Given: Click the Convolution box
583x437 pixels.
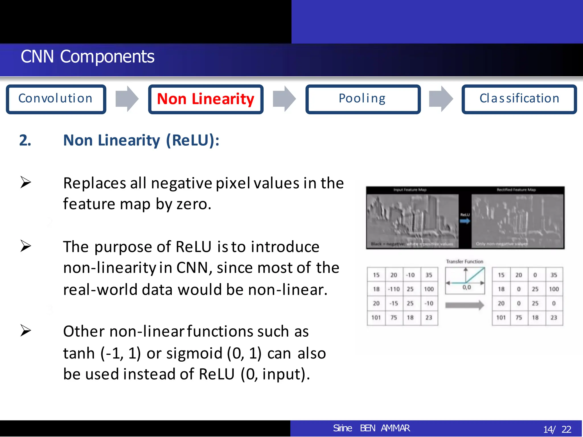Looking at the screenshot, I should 56,99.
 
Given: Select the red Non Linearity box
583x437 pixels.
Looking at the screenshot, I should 206,99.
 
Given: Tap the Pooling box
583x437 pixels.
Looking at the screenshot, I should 363,99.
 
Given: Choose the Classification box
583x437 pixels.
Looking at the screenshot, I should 519,99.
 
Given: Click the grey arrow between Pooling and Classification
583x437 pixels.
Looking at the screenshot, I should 441,99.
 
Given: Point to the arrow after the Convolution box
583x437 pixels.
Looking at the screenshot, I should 127,99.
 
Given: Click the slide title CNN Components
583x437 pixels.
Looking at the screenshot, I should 87,57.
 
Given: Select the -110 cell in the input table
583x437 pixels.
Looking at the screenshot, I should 394,289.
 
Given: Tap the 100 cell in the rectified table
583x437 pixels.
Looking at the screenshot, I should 554,289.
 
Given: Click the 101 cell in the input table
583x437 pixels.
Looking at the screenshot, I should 376,318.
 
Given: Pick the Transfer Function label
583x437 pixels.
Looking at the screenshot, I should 465,261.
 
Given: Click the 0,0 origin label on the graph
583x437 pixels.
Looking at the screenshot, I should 467,287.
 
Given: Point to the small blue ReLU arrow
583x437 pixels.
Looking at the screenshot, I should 465,221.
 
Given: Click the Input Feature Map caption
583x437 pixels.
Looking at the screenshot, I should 410,190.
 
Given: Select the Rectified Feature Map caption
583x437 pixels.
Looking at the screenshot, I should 516,190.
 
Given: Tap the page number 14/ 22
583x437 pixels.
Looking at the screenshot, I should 557,429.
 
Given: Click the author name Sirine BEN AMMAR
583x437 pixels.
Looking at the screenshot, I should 371,428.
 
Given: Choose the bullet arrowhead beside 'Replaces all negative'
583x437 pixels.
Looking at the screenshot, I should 26,182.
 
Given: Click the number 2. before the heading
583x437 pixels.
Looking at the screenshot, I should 25,140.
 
